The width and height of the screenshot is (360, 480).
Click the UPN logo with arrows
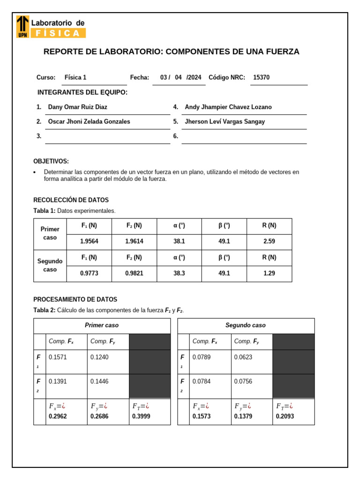(22, 26)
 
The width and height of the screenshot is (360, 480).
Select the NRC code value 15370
(261, 78)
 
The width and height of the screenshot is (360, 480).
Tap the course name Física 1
(75, 78)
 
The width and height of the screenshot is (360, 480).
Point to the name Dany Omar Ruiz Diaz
(77, 107)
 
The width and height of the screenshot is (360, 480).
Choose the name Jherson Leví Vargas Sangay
(225, 122)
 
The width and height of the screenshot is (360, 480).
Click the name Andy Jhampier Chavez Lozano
(228, 107)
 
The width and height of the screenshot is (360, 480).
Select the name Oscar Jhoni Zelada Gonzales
(89, 122)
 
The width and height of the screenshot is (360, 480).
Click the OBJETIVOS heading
(51, 161)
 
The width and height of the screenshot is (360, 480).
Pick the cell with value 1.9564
(89, 241)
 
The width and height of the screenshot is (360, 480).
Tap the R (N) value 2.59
(269, 241)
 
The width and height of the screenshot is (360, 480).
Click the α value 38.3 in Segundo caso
(179, 274)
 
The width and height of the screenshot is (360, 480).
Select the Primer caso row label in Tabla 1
(50, 233)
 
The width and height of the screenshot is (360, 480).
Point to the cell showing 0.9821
(134, 274)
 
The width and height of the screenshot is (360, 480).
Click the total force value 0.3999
(141, 416)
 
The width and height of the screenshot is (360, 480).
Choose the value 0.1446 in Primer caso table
(99, 382)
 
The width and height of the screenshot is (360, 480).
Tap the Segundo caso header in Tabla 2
(245, 325)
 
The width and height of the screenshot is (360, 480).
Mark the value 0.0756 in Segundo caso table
(243, 382)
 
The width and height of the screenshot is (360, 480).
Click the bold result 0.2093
(285, 416)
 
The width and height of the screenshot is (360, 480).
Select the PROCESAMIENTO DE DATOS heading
(75, 300)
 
